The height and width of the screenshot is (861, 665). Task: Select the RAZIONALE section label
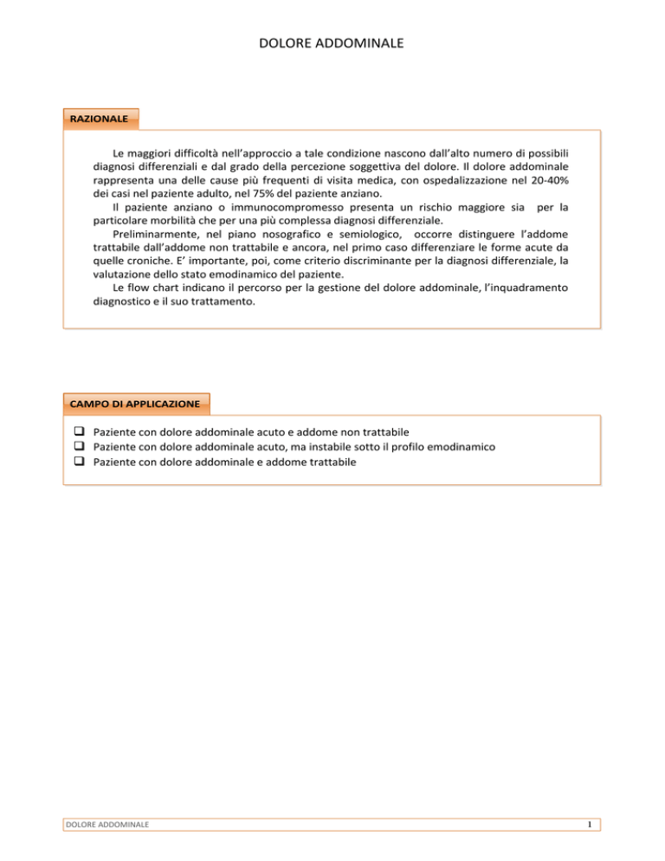click(100, 117)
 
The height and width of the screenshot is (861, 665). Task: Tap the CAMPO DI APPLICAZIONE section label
click(135, 404)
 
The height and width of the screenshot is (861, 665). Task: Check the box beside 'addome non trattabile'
click(78, 431)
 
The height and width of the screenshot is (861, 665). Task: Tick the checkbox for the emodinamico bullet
click(78, 446)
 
